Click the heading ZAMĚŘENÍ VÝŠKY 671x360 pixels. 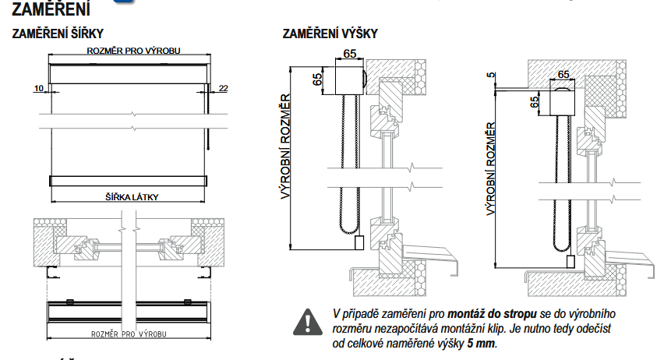pos(330,34)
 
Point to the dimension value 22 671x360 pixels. pos(224,89)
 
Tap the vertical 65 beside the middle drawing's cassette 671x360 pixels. pos(317,79)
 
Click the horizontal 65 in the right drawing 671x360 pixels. pos(563,76)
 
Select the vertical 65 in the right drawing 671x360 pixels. pos(534,102)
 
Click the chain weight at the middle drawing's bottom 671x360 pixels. pos(359,242)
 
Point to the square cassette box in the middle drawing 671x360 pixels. pos(349,79)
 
